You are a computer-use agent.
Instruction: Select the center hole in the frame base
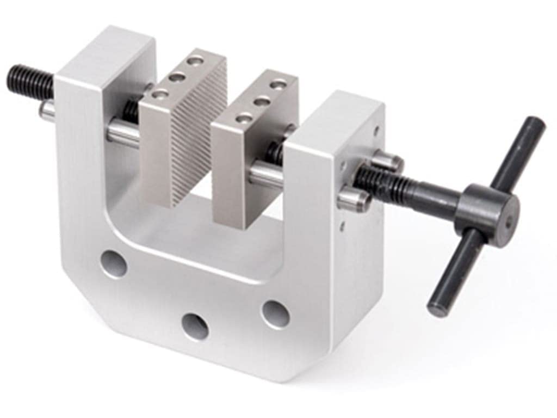point(195,326)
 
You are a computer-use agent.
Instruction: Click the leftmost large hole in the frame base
point(114,263)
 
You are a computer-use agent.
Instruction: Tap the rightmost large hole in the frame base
point(275,314)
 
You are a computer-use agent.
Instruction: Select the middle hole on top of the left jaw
point(176,77)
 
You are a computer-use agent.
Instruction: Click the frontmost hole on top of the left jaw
point(159,94)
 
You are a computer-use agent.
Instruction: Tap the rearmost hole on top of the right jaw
point(279,84)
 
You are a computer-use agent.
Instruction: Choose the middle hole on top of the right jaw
point(262,101)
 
